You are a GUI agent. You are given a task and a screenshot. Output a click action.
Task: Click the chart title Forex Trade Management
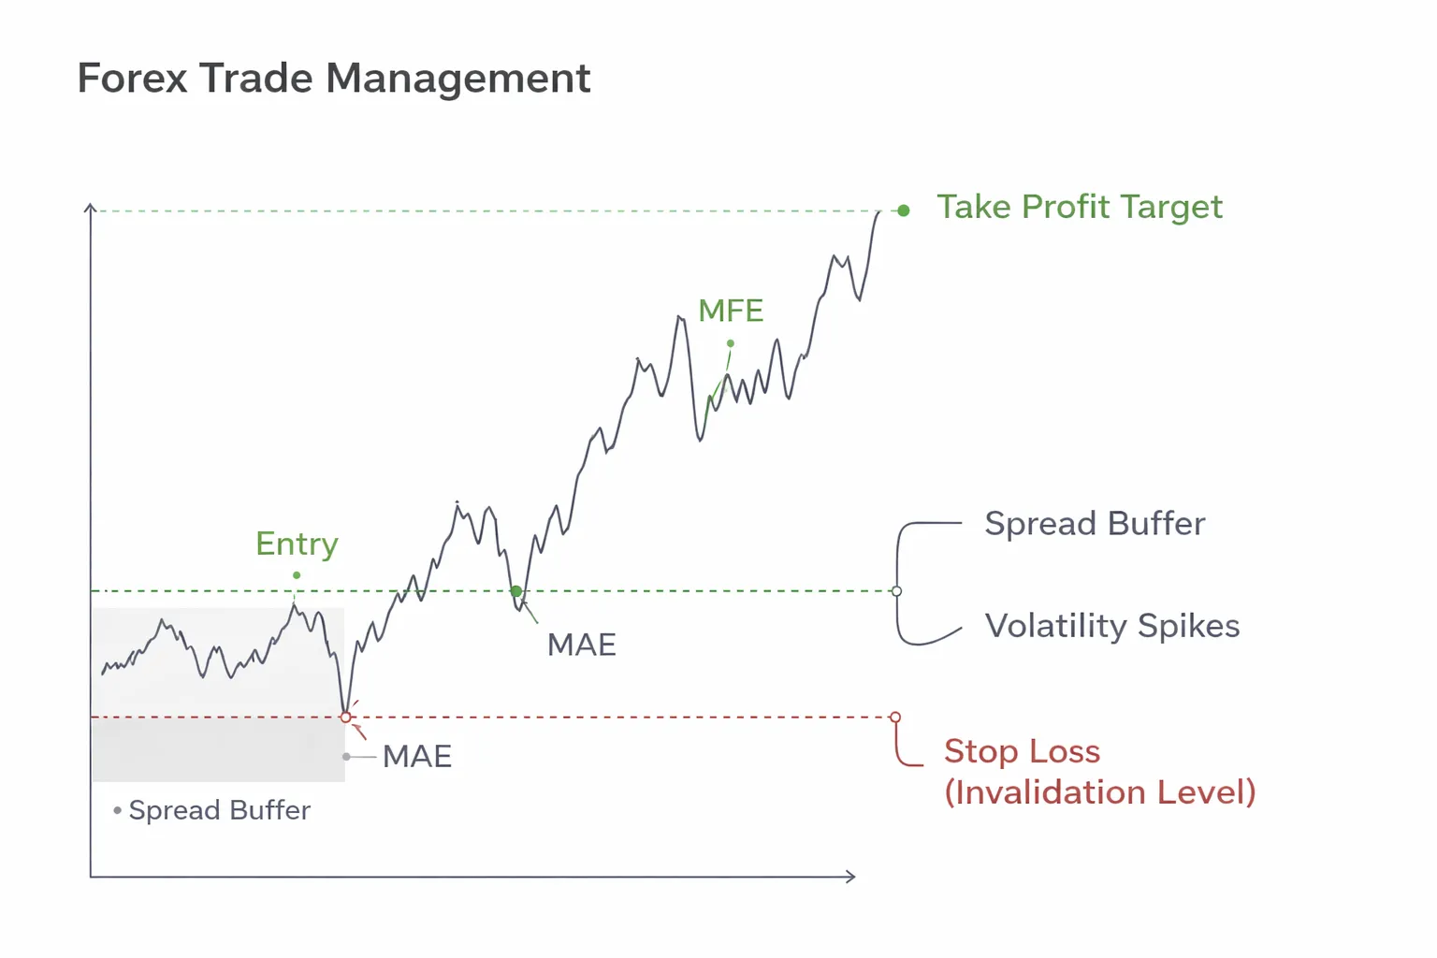click(x=333, y=78)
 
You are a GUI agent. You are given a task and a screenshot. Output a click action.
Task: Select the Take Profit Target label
click(x=1080, y=207)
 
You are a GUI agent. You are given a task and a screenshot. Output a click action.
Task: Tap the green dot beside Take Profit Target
click(x=903, y=210)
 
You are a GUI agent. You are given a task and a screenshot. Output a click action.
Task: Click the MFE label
click(x=731, y=311)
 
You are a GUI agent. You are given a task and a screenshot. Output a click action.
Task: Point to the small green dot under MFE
click(x=731, y=343)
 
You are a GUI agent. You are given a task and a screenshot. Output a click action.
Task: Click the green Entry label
click(x=297, y=544)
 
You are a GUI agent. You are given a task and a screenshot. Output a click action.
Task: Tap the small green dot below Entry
click(x=297, y=575)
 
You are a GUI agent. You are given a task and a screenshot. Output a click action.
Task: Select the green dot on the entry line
click(x=516, y=591)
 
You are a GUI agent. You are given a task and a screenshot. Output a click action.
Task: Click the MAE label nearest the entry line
click(x=581, y=645)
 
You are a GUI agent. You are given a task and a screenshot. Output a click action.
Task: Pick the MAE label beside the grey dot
click(x=417, y=756)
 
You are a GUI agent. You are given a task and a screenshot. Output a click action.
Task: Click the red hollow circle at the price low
click(x=346, y=718)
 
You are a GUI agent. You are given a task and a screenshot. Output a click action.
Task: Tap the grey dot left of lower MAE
click(x=347, y=756)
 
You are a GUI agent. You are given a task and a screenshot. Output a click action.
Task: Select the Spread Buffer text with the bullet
click(x=219, y=810)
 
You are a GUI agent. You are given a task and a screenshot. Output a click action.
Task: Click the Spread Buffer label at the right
click(x=1095, y=524)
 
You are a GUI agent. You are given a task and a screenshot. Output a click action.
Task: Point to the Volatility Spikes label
click(x=1112, y=626)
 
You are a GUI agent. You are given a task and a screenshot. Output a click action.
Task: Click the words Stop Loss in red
click(x=1022, y=751)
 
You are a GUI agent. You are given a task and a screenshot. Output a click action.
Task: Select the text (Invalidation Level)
click(x=1099, y=792)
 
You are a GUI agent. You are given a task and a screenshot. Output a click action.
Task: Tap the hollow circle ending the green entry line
click(x=896, y=591)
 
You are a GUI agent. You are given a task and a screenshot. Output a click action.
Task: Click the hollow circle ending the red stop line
click(x=895, y=718)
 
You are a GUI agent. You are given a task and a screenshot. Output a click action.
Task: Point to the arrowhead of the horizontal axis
click(x=851, y=877)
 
